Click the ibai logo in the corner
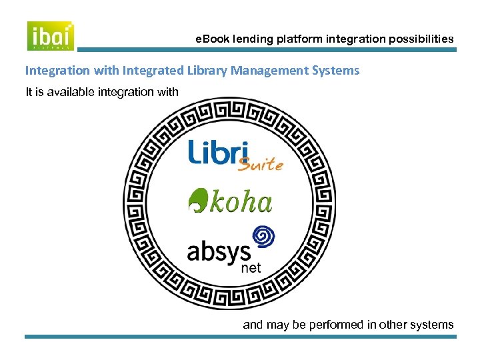[51, 35]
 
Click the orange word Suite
[261, 164]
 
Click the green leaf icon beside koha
[197, 199]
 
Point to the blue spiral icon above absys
[263, 237]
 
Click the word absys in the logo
[219, 251]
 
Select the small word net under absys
[250, 269]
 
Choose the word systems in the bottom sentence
[431, 325]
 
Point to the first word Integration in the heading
[56, 70]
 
